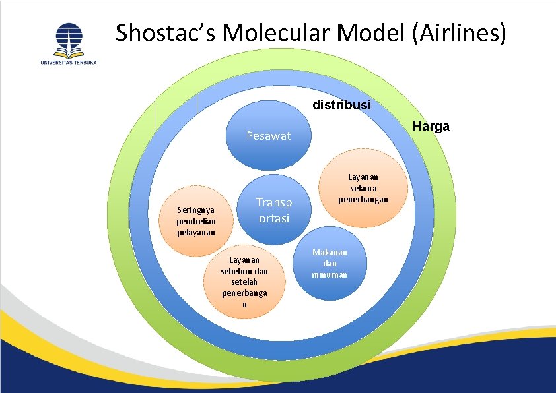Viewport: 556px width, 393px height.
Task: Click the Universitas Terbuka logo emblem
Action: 69,41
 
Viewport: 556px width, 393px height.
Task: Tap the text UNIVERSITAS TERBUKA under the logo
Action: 69,63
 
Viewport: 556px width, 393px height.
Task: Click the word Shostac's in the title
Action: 165,32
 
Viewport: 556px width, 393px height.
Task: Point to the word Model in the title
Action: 371,32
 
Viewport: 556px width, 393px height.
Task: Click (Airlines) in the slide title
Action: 459,33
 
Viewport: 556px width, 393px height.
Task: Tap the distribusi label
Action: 342,104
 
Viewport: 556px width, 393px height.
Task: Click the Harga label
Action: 431,126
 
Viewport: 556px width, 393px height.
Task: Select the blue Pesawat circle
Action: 269,135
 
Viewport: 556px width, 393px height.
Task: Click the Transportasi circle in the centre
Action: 274,210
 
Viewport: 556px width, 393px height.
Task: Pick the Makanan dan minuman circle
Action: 330,263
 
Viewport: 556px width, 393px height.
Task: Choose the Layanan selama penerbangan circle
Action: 363,188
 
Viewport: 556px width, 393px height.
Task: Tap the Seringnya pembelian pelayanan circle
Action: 196,221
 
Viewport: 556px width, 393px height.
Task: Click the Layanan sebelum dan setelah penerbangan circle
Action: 244,282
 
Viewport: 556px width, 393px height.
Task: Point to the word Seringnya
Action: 196,210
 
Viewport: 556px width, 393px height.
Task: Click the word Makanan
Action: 330,252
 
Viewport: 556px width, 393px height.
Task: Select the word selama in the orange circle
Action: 363,188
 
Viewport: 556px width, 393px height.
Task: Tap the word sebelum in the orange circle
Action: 234,272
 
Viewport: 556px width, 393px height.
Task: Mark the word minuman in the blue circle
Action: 330,274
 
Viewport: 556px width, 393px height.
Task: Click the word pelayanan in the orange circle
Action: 196,233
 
